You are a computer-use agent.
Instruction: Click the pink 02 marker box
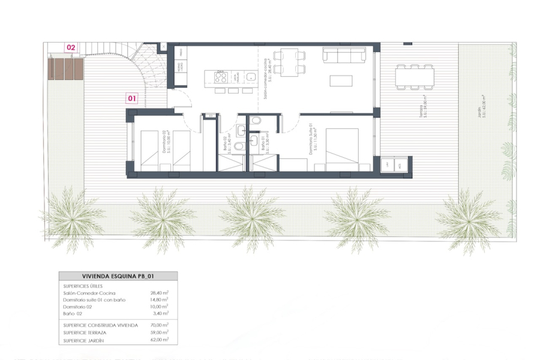(x=71, y=47)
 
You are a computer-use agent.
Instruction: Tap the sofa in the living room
(x=344, y=55)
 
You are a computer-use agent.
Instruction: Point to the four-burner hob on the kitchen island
(x=220, y=77)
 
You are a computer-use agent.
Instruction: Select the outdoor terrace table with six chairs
(x=414, y=77)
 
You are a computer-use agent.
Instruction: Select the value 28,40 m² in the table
(x=159, y=293)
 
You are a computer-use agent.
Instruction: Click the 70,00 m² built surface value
(x=159, y=325)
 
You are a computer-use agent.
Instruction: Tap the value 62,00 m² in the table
(x=159, y=340)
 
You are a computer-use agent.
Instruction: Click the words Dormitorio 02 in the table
(x=78, y=306)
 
